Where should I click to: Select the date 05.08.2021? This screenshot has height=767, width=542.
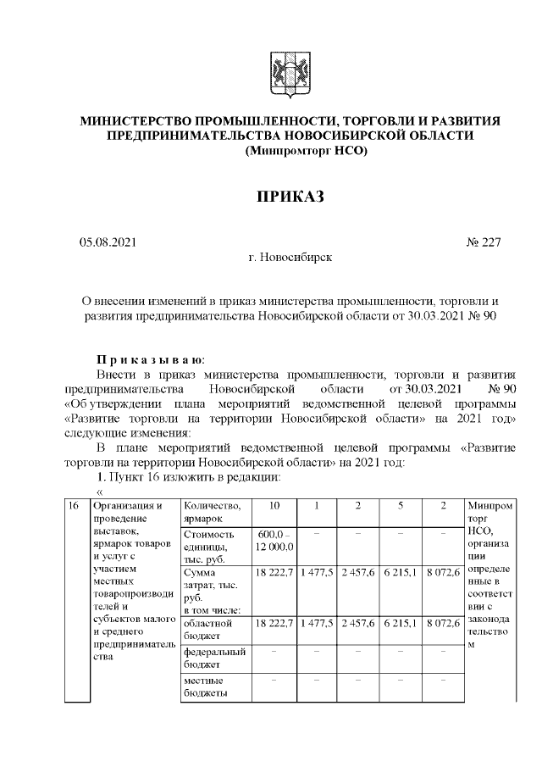(108, 242)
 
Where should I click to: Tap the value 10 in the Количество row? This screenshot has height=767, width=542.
(274, 506)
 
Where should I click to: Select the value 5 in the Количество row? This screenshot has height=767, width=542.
(401, 506)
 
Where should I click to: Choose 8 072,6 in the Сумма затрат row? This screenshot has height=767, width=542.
(442, 574)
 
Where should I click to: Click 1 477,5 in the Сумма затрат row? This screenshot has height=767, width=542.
(316, 574)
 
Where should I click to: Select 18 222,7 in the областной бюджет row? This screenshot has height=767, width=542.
(274, 623)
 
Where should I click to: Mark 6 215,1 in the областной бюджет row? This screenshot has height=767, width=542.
(401, 623)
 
